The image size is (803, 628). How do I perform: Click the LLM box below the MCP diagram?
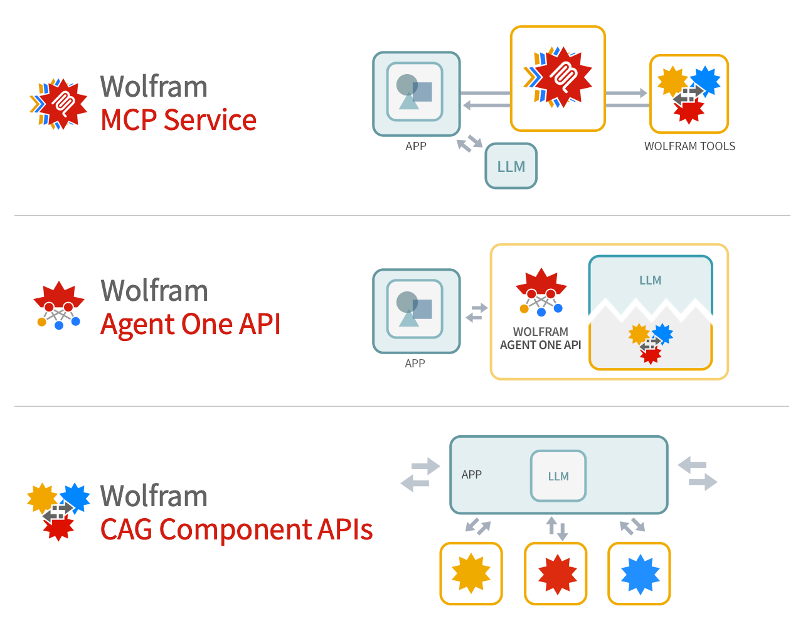coord(511,166)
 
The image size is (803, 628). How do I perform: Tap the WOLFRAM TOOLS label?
coord(689,146)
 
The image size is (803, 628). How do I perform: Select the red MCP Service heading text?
coord(178,120)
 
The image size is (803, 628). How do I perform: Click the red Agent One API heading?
coord(190,324)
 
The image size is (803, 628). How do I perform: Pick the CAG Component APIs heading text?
coord(237,529)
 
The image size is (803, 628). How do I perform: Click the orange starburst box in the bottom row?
coord(471,573)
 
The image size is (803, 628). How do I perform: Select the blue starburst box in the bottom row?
coord(639,573)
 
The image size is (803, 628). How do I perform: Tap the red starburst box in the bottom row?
coord(556,573)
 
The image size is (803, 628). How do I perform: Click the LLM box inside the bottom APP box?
coord(558,476)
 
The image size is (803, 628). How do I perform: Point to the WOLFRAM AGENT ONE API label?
coord(540,338)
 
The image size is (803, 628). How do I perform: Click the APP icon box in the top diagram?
coord(416,93)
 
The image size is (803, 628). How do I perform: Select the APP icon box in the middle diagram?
coord(416,311)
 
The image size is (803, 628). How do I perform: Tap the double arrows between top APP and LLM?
coord(469,144)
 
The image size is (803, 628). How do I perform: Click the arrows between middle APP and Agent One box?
coord(477,312)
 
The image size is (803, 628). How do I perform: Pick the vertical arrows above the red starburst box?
coord(556,528)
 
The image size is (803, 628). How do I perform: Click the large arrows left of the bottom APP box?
coord(420,475)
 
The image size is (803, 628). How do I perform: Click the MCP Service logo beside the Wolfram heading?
coord(58,104)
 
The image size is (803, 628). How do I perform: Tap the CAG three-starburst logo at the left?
coord(58,511)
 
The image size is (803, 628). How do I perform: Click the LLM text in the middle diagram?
coord(650,280)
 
